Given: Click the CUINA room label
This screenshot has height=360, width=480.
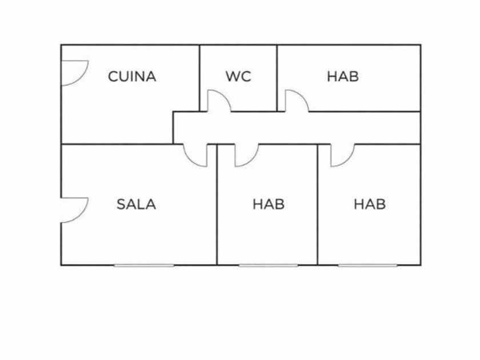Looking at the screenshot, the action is click(132, 77).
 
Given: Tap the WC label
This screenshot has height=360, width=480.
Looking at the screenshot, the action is click(238, 77).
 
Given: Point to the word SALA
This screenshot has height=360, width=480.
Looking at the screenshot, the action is click(136, 204).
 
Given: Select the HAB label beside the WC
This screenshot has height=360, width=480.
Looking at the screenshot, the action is click(343, 77).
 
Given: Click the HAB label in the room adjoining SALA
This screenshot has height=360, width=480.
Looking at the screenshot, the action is click(269, 204).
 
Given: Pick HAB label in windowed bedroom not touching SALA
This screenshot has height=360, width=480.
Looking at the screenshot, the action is click(370, 204).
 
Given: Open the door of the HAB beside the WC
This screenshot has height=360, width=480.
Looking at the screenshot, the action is click(297, 101).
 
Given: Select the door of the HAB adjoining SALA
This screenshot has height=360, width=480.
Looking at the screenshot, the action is click(246, 155).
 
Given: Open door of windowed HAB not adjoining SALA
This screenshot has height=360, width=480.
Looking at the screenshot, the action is click(342, 155).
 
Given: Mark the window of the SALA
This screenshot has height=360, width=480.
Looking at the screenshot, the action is click(143, 265).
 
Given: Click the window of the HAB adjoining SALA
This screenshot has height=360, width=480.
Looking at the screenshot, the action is click(268, 265).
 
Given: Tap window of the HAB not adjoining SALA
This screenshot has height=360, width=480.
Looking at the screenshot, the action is click(367, 265).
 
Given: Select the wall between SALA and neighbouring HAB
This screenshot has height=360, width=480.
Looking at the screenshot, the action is click(217, 217).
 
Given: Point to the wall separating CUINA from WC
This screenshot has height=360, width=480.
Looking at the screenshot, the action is click(199, 74).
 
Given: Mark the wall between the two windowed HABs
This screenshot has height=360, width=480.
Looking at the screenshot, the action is click(318, 217).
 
